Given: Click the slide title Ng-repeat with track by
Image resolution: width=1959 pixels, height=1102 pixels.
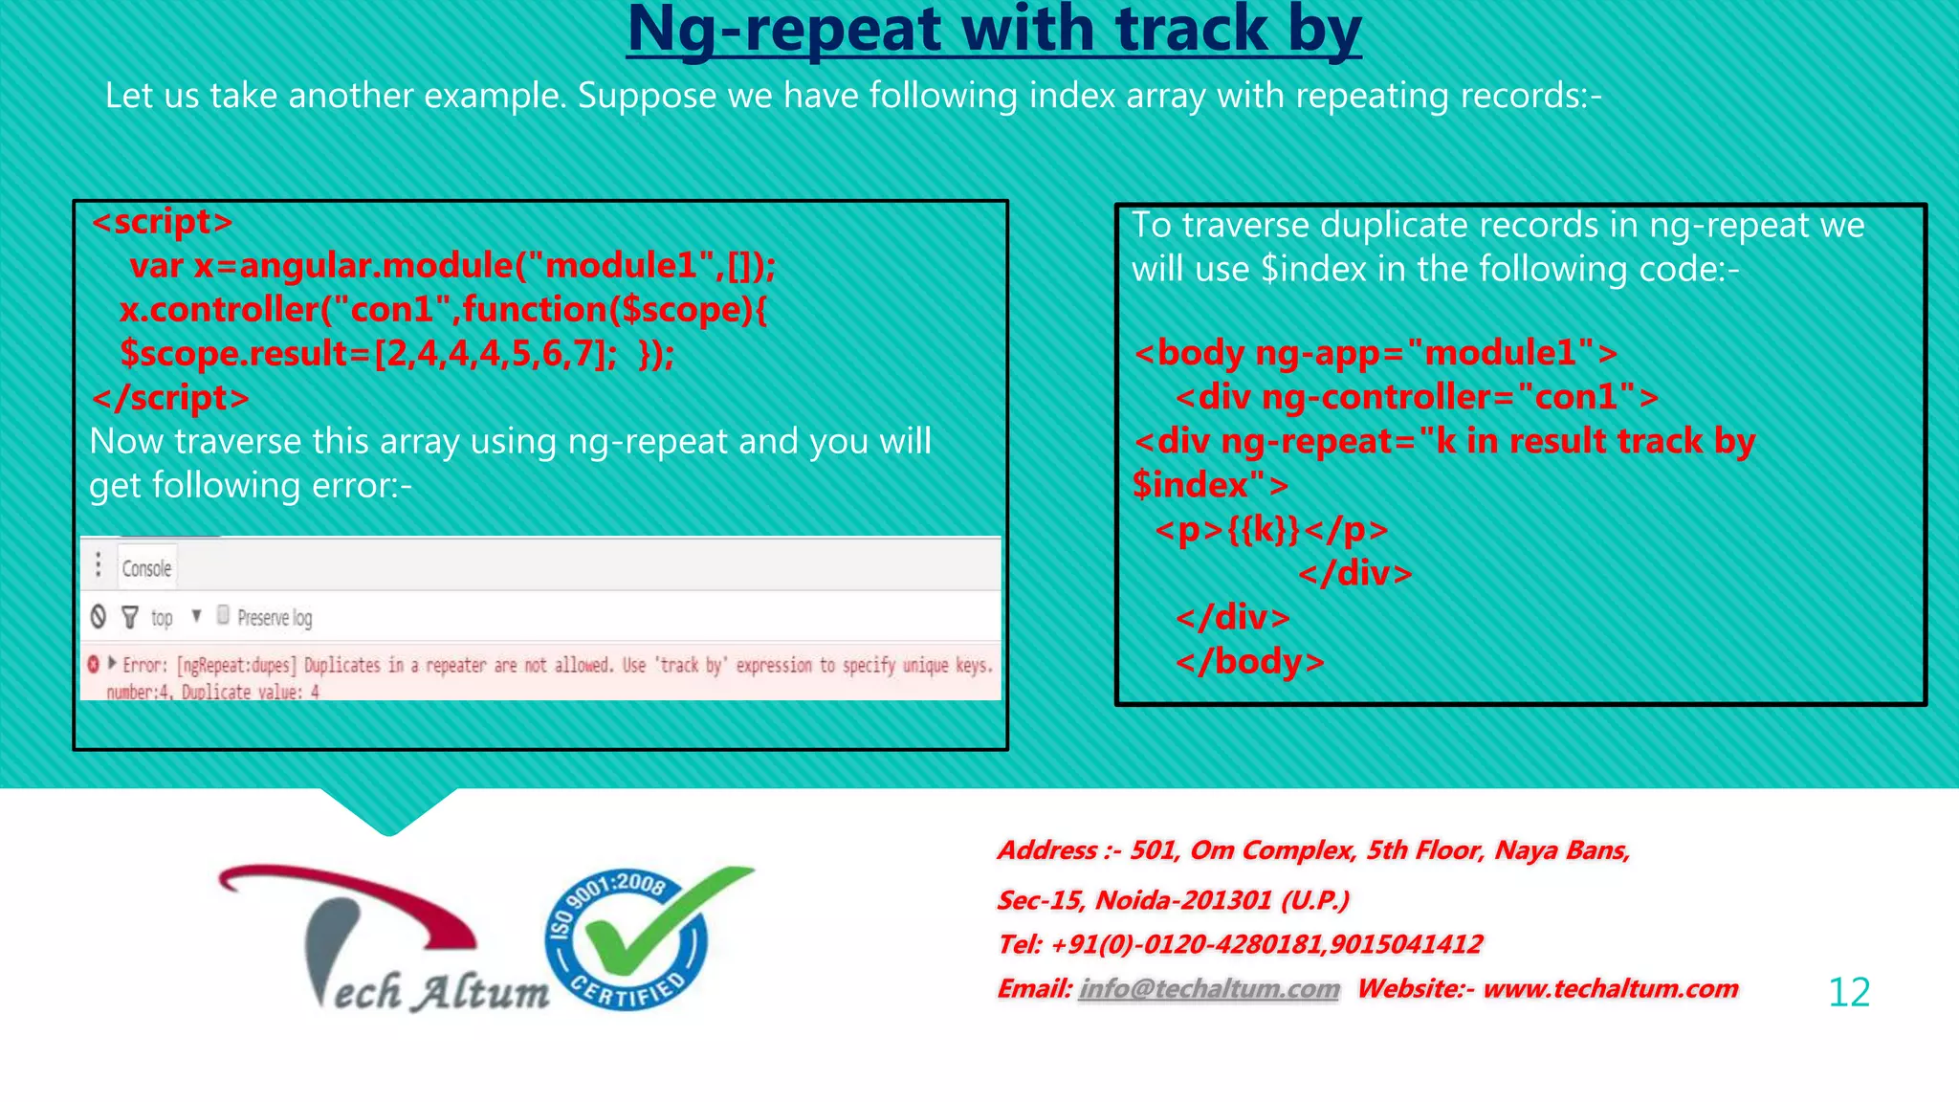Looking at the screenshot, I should tap(993, 31).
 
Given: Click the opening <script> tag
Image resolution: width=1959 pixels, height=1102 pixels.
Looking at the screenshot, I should tap(162, 222).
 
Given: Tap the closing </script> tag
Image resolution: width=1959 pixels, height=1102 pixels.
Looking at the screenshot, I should tap(170, 398).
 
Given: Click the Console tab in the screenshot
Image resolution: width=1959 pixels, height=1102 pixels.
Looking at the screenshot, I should tap(146, 568).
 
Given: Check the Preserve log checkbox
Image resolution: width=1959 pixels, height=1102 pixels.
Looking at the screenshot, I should tap(223, 615).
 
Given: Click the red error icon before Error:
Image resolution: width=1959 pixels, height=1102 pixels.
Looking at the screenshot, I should tap(94, 664).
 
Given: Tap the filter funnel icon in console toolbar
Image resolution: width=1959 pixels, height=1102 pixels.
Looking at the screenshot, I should tap(130, 617).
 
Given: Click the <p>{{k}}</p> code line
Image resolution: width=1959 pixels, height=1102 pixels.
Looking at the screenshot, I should tap(1271, 530).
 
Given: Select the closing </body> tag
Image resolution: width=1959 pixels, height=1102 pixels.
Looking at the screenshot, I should tap(1250, 662).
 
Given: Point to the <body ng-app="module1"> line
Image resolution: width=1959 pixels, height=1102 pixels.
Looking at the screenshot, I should tap(1376, 353).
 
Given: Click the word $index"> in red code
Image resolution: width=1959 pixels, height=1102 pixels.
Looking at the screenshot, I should tap(1209, 486).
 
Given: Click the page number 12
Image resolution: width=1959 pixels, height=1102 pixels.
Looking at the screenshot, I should tap(1848, 992).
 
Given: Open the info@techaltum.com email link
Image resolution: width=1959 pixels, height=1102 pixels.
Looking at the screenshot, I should tap(1209, 989).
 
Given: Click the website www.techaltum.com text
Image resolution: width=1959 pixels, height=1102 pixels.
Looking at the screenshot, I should tap(1610, 989).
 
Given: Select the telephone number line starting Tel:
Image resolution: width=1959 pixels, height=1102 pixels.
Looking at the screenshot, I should tap(1240, 945).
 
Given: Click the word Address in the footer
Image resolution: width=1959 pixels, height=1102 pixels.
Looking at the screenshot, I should tap(1047, 850).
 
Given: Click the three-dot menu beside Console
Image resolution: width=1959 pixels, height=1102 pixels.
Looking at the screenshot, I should tap(99, 564).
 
